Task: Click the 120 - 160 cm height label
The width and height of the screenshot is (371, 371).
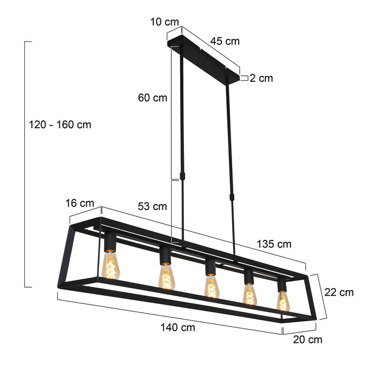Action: (x=61, y=125)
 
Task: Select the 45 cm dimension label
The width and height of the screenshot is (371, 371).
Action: (x=225, y=41)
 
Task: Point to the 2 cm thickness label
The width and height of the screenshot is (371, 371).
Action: (x=261, y=78)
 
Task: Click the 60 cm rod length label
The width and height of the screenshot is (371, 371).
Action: (x=152, y=98)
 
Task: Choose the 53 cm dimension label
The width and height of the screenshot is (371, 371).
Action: (x=152, y=206)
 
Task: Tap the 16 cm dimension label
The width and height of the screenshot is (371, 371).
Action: (x=79, y=203)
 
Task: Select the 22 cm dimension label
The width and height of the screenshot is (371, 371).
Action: (x=339, y=292)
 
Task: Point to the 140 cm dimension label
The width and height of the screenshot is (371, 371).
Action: (x=178, y=327)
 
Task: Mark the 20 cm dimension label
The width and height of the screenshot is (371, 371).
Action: (x=307, y=340)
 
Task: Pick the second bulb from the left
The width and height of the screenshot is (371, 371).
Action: (x=166, y=276)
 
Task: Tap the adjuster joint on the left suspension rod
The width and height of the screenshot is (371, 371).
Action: (x=182, y=175)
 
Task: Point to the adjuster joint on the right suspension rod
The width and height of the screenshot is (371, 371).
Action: (x=231, y=197)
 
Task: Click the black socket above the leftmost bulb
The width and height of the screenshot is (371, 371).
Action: (x=110, y=242)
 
